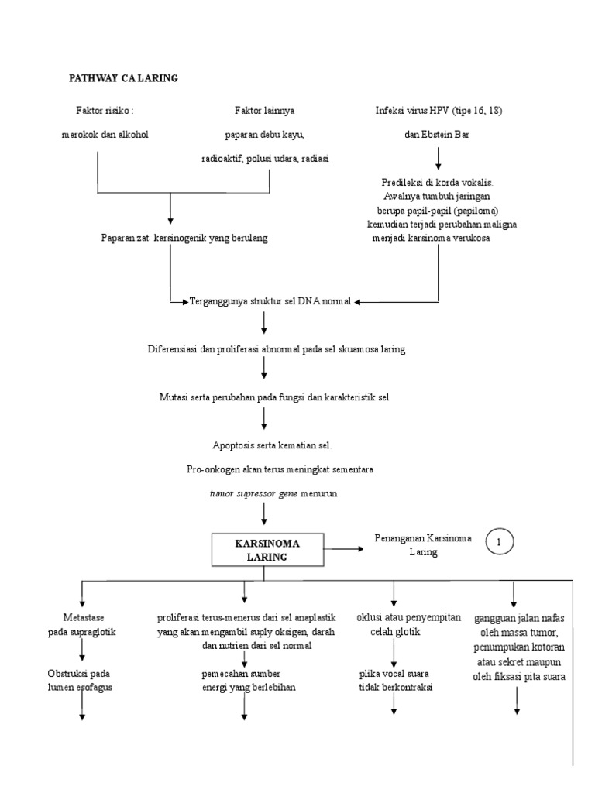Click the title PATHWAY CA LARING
pyautogui.click(x=124, y=78)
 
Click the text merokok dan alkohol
pyautogui.click(x=105, y=134)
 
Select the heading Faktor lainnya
pyautogui.click(x=264, y=111)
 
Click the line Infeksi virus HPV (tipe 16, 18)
pyautogui.click(x=438, y=111)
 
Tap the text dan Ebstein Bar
pyautogui.click(x=438, y=134)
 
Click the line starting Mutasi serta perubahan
pyautogui.click(x=273, y=397)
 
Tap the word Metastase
pyautogui.click(x=81, y=617)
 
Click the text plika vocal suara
pyautogui.click(x=394, y=673)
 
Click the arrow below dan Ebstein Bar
pyautogui.click(x=439, y=157)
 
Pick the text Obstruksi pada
pyautogui.click(x=81, y=673)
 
